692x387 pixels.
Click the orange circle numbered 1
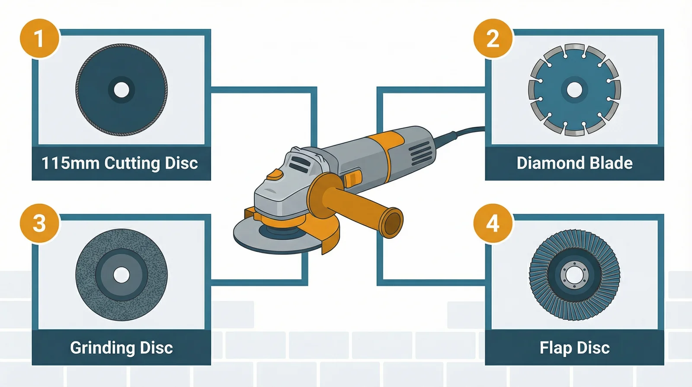(x=39, y=38)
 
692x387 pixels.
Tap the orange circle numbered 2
(x=493, y=38)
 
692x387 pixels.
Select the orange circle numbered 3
(x=39, y=223)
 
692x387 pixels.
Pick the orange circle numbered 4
(x=493, y=223)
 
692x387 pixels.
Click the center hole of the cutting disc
(x=122, y=90)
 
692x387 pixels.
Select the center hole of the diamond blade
(x=574, y=90)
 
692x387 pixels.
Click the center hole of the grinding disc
(x=122, y=275)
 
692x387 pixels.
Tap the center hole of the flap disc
(x=574, y=275)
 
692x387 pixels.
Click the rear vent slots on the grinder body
(x=420, y=153)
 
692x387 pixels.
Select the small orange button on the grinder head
(x=275, y=175)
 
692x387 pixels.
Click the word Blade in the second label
(x=611, y=163)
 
